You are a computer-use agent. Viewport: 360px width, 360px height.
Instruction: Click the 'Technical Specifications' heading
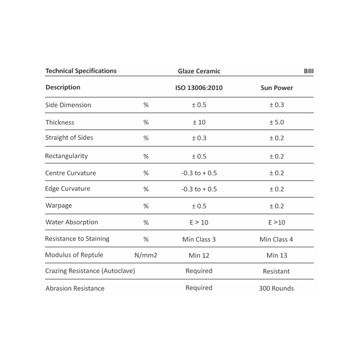pyautogui.click(x=81, y=71)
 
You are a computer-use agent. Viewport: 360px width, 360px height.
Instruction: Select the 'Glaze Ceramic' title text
pyautogui.click(x=199, y=71)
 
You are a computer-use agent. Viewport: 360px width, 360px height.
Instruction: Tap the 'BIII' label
pyautogui.click(x=308, y=71)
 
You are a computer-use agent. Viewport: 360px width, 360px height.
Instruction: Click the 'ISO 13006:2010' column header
pyautogui.click(x=199, y=88)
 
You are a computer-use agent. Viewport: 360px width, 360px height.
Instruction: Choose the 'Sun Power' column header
pyautogui.click(x=276, y=88)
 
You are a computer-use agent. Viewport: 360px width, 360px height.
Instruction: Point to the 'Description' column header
pyautogui.click(x=63, y=87)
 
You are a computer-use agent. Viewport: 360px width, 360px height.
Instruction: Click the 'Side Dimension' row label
pyautogui.click(x=68, y=105)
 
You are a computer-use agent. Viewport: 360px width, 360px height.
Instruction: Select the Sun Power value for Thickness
pyautogui.click(x=276, y=122)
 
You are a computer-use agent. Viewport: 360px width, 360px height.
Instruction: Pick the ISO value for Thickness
pyautogui.click(x=199, y=122)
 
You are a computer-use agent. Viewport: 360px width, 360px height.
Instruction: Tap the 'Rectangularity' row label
pyautogui.click(x=66, y=156)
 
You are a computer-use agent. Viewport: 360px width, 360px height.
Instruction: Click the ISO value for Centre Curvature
pyautogui.click(x=199, y=173)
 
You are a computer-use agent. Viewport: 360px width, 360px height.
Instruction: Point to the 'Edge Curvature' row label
pyautogui.click(x=68, y=189)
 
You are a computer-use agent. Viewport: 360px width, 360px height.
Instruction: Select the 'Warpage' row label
pyautogui.click(x=59, y=206)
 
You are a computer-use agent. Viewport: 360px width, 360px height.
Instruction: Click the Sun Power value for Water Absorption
pyautogui.click(x=276, y=222)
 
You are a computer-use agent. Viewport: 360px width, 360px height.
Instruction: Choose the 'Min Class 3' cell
pyautogui.click(x=199, y=240)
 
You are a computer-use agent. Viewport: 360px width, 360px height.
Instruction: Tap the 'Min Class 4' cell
pyautogui.click(x=276, y=240)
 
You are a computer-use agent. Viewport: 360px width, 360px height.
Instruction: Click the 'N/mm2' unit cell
pyautogui.click(x=146, y=255)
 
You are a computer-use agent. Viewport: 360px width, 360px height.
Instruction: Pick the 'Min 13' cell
pyautogui.click(x=276, y=255)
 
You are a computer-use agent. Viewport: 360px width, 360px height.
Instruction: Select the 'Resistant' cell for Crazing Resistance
pyautogui.click(x=276, y=271)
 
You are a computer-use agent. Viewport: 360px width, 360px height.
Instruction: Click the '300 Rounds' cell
pyautogui.click(x=276, y=288)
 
